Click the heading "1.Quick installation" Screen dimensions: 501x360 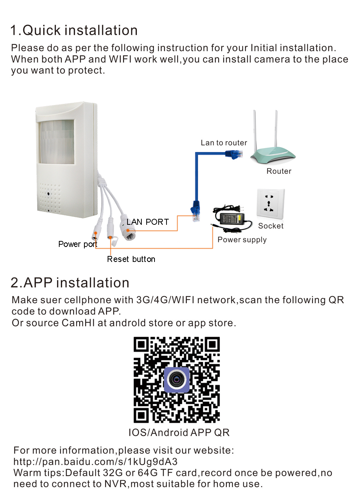pyautogui.click(x=74, y=30)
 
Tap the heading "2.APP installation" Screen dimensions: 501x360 pyautogui.click(x=70, y=283)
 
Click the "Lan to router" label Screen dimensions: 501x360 pyautogui.click(x=224, y=143)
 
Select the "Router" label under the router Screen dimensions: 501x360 pyautogui.click(x=279, y=171)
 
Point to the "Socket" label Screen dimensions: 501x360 pyautogui.click(x=271, y=226)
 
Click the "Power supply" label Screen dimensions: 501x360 pyautogui.click(x=242, y=240)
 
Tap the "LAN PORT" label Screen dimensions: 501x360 pyautogui.click(x=148, y=222)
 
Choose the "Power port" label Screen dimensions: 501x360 pyautogui.click(x=78, y=244)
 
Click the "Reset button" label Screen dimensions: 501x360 pyautogui.click(x=131, y=259)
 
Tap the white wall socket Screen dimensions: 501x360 pyautogui.click(x=270, y=203)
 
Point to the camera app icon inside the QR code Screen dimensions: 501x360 pyautogui.click(x=177, y=380)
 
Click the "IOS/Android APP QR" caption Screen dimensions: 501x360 pyautogui.click(x=179, y=433)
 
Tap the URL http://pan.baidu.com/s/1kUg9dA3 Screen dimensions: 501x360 pyautogui.click(x=95, y=462)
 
